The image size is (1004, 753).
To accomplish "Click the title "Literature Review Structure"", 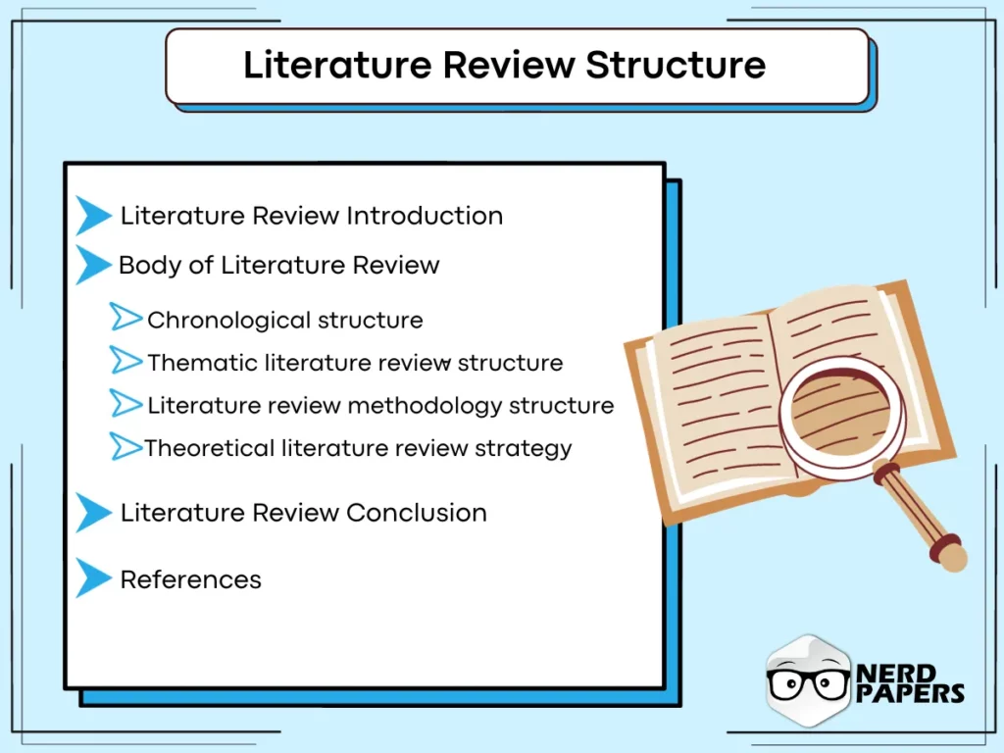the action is point(504,65).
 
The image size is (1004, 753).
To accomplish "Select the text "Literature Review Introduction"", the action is point(311,216).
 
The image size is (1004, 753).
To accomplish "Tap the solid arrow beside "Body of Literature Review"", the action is point(92,265).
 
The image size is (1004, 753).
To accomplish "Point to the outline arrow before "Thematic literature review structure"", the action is point(125,361).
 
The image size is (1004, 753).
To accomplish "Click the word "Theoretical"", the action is point(210,449).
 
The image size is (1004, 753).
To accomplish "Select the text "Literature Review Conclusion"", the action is point(303,513).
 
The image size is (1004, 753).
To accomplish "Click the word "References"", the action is point(190,579).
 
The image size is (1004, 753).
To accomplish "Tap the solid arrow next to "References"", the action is point(92,578).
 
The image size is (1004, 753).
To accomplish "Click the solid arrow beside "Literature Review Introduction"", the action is point(92,216).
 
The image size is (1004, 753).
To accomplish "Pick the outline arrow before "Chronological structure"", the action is point(125,318).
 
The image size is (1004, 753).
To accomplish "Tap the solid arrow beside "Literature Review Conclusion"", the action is point(92,513).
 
